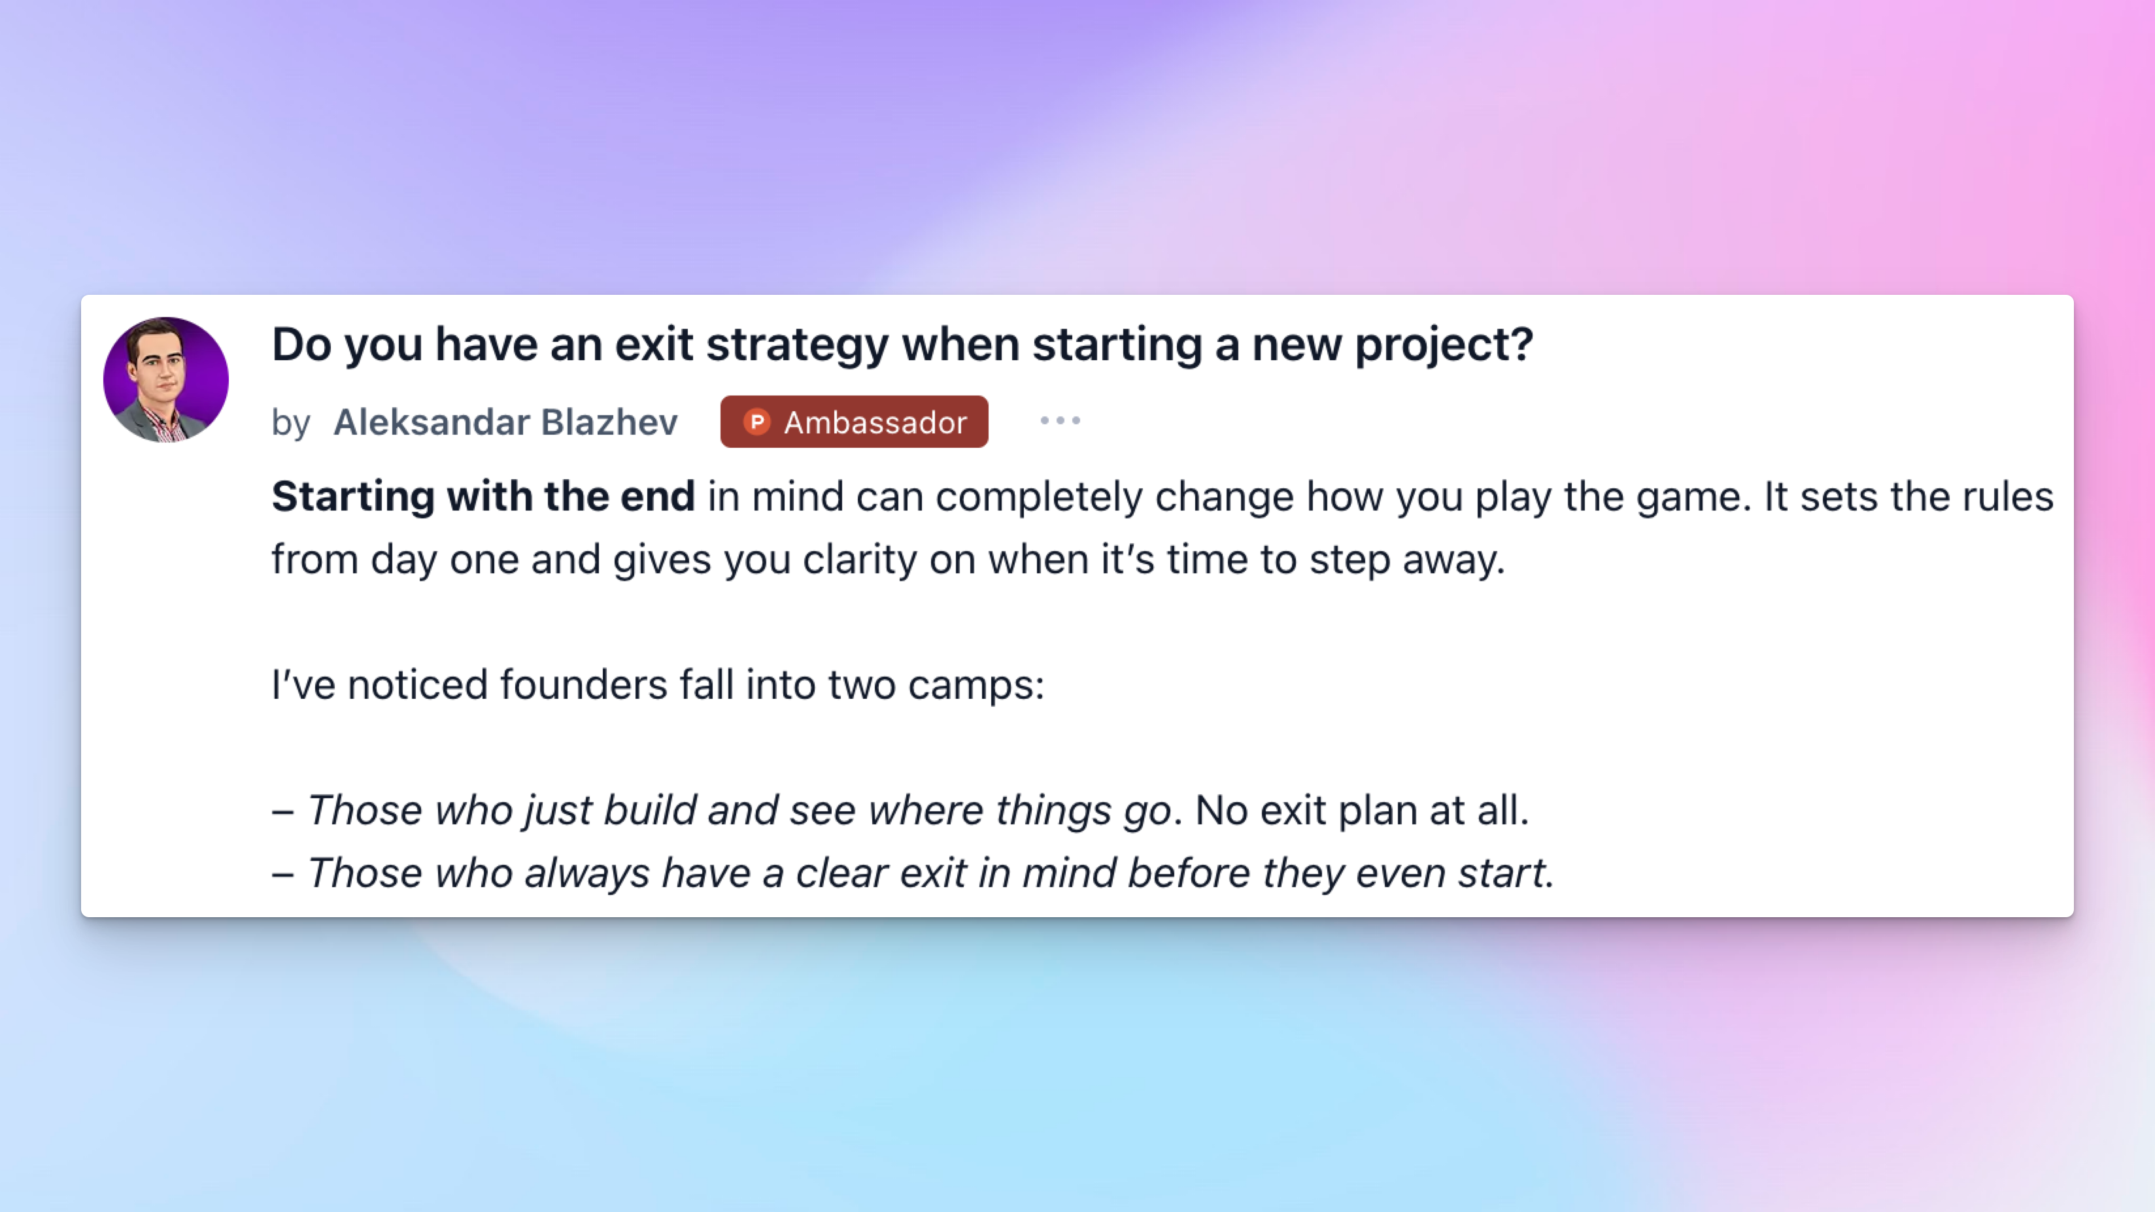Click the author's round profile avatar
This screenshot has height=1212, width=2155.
[165, 379]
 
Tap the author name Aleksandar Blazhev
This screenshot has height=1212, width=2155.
[505, 422]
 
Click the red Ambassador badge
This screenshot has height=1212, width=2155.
[854, 422]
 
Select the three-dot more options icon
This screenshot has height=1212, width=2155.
[1060, 421]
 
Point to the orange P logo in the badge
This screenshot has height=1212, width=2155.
[757, 422]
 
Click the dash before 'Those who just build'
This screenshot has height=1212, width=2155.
[282, 812]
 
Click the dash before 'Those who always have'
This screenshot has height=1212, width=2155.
[282, 875]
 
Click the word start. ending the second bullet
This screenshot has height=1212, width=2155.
[1506, 873]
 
